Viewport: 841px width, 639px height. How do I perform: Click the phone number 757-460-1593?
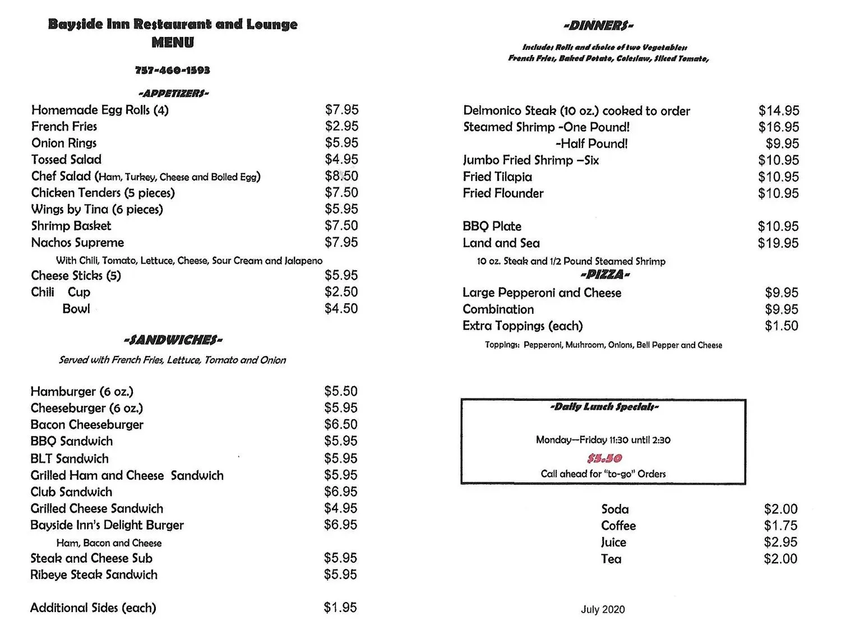[172, 70]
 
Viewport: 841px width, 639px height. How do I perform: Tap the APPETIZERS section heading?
[173, 93]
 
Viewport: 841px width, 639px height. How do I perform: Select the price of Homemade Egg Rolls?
[341, 110]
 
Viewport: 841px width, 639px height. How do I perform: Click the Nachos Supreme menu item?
[77, 243]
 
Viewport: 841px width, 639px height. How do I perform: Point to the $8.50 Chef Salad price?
[341, 176]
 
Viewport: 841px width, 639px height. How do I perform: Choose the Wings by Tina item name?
[97, 210]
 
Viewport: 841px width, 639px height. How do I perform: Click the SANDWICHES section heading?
[173, 340]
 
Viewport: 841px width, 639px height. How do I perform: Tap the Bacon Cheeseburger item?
[87, 425]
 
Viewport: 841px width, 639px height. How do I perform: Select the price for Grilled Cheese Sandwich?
[340, 508]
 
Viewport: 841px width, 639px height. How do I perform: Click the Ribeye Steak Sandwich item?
[94, 575]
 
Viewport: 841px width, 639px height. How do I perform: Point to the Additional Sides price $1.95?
[340, 608]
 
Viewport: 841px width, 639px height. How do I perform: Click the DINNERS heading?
[598, 25]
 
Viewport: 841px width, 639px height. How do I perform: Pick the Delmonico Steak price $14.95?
[779, 111]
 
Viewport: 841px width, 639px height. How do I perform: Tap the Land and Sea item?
[501, 243]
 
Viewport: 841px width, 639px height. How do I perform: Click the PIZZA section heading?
[605, 275]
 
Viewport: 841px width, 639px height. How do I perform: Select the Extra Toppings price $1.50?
[781, 326]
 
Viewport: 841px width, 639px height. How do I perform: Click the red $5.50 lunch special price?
[604, 459]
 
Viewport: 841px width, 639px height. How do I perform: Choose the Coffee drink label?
[618, 526]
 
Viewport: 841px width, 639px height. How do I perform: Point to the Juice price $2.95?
[780, 542]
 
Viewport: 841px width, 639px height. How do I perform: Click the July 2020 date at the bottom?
[603, 609]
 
